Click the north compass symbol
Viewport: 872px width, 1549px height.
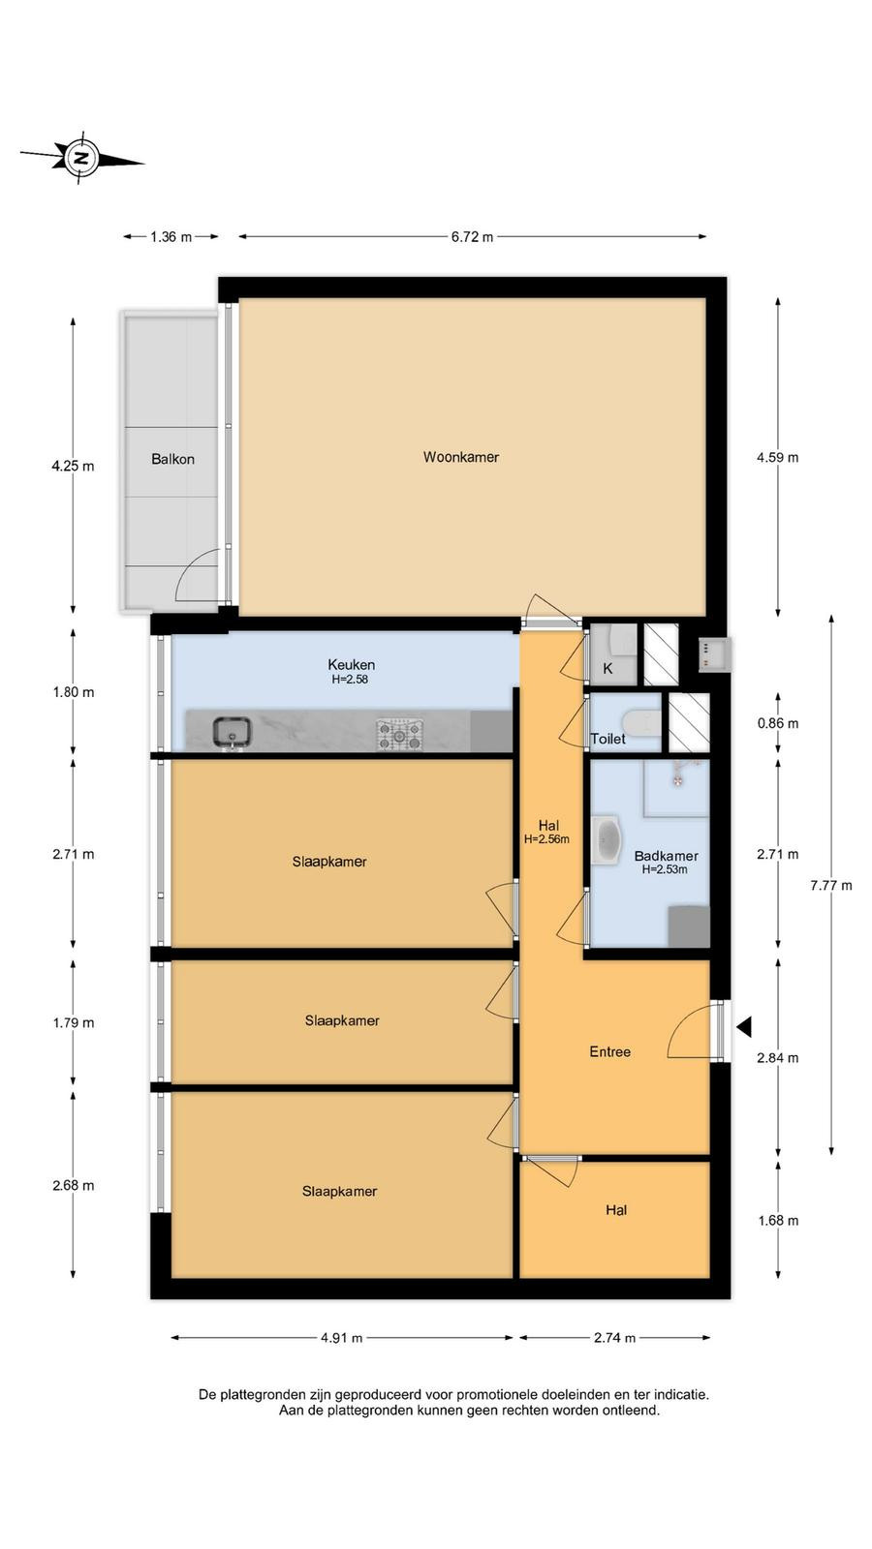pos(82,159)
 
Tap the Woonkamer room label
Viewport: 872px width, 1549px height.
pos(461,457)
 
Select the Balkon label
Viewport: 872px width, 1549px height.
pos(173,459)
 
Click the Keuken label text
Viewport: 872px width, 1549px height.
pos(352,664)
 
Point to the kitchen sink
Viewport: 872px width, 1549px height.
pos(232,733)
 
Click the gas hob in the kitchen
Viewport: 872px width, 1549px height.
pos(400,735)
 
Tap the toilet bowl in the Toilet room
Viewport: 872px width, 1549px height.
pos(640,722)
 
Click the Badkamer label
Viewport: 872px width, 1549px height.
pos(666,856)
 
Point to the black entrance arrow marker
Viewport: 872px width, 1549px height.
pos(745,1027)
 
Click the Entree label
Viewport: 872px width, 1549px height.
pos(609,1051)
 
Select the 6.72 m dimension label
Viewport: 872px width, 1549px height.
pos(472,237)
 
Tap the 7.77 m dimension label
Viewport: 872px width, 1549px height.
pos(831,885)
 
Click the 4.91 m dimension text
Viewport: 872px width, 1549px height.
pos(341,1338)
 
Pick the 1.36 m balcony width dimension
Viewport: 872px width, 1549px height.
pos(171,237)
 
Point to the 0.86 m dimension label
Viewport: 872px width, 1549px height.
pos(778,723)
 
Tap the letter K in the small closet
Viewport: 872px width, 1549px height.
pos(607,669)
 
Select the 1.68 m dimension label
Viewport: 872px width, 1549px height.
pos(778,1221)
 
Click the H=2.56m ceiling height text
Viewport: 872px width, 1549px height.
pos(546,839)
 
